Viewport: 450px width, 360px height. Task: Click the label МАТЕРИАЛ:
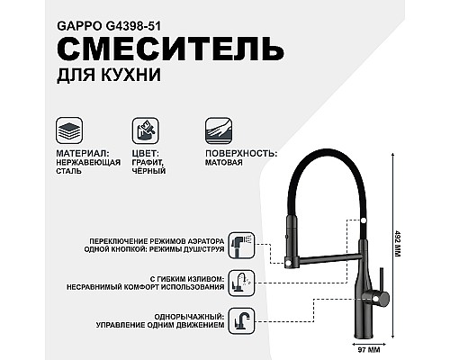83,154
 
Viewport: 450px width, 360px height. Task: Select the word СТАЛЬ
70,174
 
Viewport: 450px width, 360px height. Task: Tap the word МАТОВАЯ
224,164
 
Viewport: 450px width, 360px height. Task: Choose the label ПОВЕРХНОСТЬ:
241,154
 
